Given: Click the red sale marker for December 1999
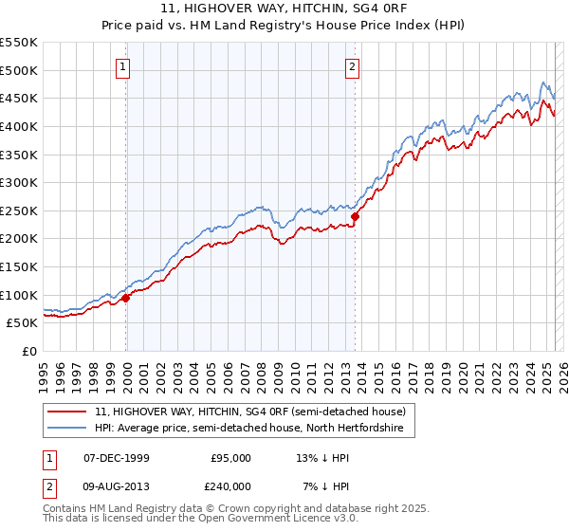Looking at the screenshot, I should point(125,298).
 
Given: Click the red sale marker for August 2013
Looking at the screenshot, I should point(355,216).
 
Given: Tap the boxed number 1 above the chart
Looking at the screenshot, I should point(124,66).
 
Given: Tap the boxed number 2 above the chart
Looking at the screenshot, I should point(352,66).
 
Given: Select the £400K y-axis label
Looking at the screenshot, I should point(19,126).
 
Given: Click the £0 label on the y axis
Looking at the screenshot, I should point(28,351).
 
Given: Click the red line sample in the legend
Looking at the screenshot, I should point(67,412).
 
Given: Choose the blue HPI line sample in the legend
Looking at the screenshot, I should point(67,429).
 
